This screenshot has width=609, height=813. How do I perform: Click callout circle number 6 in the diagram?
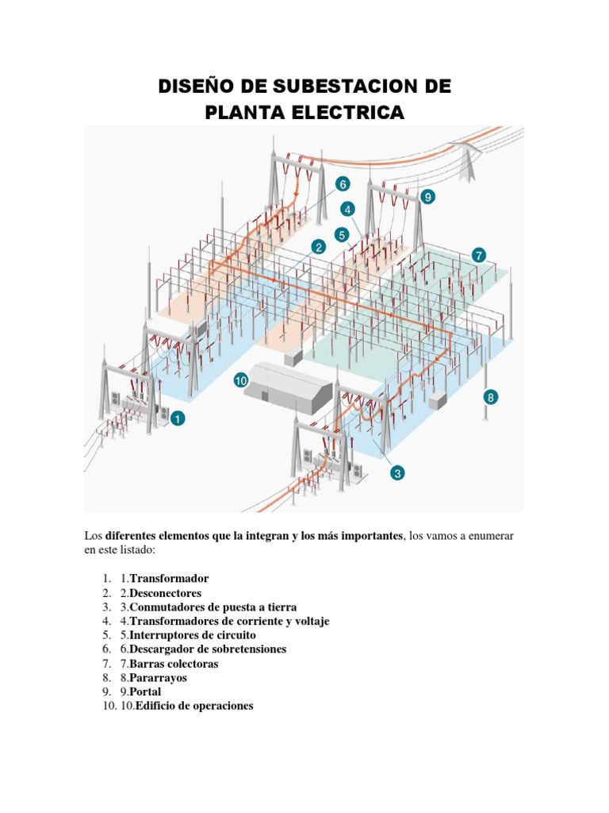[x=343, y=184]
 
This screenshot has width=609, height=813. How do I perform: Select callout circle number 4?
[x=347, y=210]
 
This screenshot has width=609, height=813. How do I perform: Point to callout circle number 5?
[x=342, y=235]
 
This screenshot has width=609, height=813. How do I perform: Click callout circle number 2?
[x=319, y=247]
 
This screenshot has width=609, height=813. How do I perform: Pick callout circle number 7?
[x=479, y=255]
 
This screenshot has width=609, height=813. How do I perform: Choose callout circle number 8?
[x=491, y=396]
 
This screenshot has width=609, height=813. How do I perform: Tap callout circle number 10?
[x=241, y=381]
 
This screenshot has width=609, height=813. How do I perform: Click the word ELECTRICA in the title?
[x=347, y=113]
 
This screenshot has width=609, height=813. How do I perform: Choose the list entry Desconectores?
[x=166, y=593]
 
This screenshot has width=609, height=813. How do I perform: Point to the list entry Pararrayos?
[x=159, y=678]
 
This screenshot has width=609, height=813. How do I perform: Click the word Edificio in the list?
[x=157, y=706]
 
